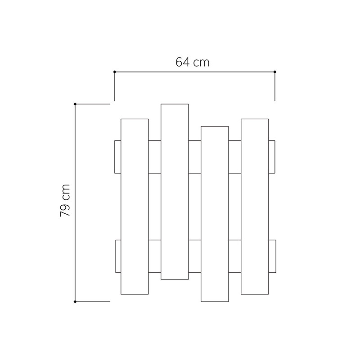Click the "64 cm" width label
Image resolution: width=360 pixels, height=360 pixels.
(192, 62)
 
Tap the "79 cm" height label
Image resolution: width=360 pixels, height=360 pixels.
(65, 201)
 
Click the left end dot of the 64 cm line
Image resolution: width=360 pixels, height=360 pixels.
(115, 72)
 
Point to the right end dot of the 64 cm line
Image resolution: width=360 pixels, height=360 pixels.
(275, 72)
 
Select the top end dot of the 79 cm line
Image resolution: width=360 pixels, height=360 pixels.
(75, 104)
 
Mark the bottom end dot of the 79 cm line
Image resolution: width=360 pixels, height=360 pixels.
(75, 301)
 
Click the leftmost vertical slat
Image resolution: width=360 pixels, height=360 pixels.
(135, 207)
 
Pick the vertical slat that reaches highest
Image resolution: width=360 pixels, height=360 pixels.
(175, 192)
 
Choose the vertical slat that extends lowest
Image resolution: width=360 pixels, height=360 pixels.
(215, 214)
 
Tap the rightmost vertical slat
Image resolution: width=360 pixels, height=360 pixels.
(255, 207)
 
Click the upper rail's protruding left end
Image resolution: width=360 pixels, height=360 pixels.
(118, 157)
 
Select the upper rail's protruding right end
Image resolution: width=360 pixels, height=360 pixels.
(272, 157)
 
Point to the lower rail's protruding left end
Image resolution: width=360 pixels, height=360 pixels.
(118, 256)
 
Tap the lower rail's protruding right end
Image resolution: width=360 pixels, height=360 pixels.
(272, 256)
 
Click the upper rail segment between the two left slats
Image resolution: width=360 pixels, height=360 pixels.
(154, 157)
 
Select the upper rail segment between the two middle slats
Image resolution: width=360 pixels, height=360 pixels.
(194, 157)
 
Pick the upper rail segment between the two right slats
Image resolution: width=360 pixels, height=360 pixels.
(234, 157)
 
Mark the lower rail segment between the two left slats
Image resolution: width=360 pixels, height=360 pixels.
(154, 256)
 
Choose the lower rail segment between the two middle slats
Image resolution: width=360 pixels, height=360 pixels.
(194, 256)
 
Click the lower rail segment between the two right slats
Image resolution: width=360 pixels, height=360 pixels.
(234, 256)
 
